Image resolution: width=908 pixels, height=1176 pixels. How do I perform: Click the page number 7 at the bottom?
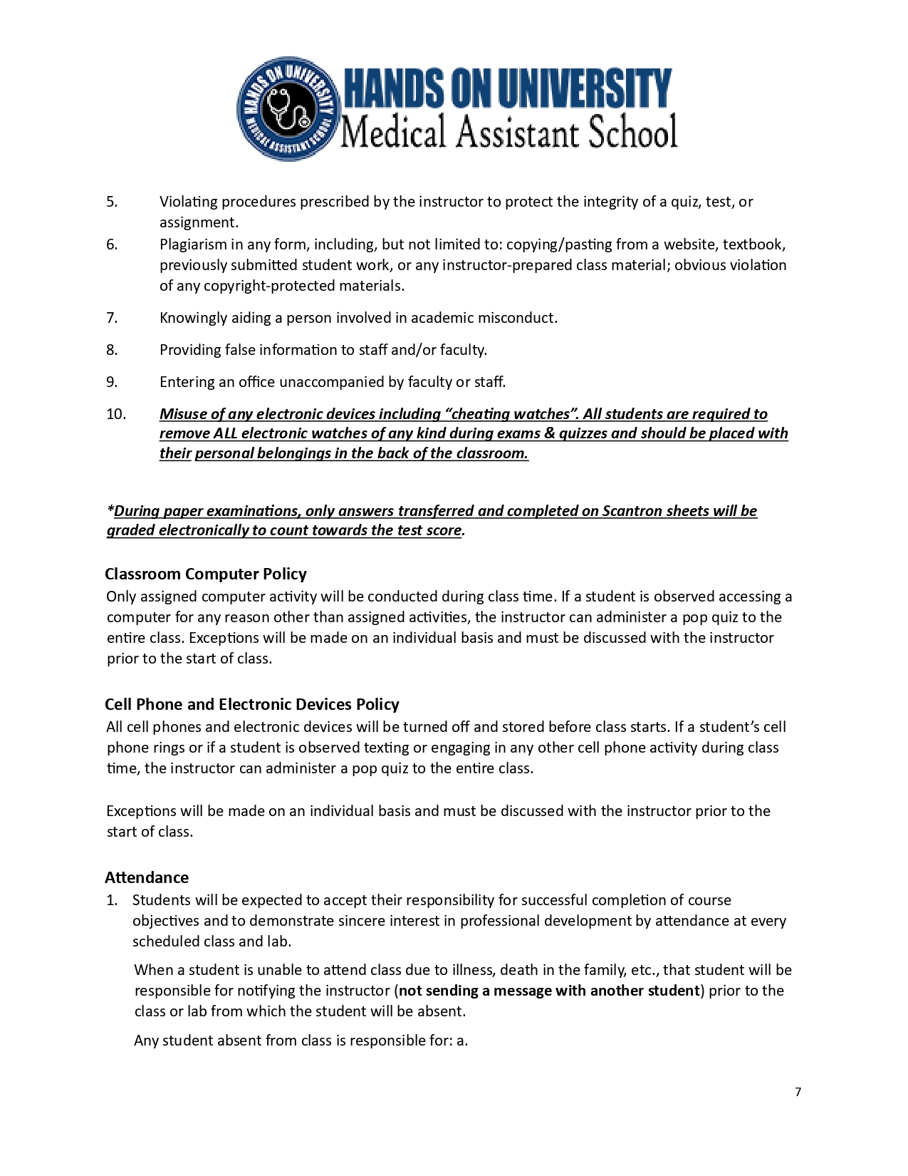pyautogui.click(x=798, y=1092)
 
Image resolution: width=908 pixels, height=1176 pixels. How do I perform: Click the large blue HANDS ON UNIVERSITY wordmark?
pyautogui.click(x=507, y=88)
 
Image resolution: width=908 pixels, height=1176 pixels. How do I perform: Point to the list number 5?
pyautogui.click(x=112, y=202)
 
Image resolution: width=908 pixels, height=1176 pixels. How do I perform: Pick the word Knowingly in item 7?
pyautogui.click(x=193, y=318)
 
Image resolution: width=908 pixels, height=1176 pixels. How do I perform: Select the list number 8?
pyautogui.click(x=112, y=350)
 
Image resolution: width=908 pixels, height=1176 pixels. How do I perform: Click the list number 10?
pyautogui.click(x=116, y=414)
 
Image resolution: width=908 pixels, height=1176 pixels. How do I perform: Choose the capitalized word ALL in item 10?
pyautogui.click(x=225, y=433)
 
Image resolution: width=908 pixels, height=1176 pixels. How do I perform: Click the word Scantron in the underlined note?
pyautogui.click(x=631, y=511)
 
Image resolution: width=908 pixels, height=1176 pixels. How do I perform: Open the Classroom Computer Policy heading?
pyautogui.click(x=205, y=574)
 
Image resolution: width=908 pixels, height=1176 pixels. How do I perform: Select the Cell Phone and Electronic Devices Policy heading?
pyautogui.click(x=251, y=704)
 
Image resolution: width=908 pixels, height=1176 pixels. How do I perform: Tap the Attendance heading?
pyautogui.click(x=147, y=877)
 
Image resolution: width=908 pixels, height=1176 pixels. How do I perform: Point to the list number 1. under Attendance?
pyautogui.click(x=112, y=900)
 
